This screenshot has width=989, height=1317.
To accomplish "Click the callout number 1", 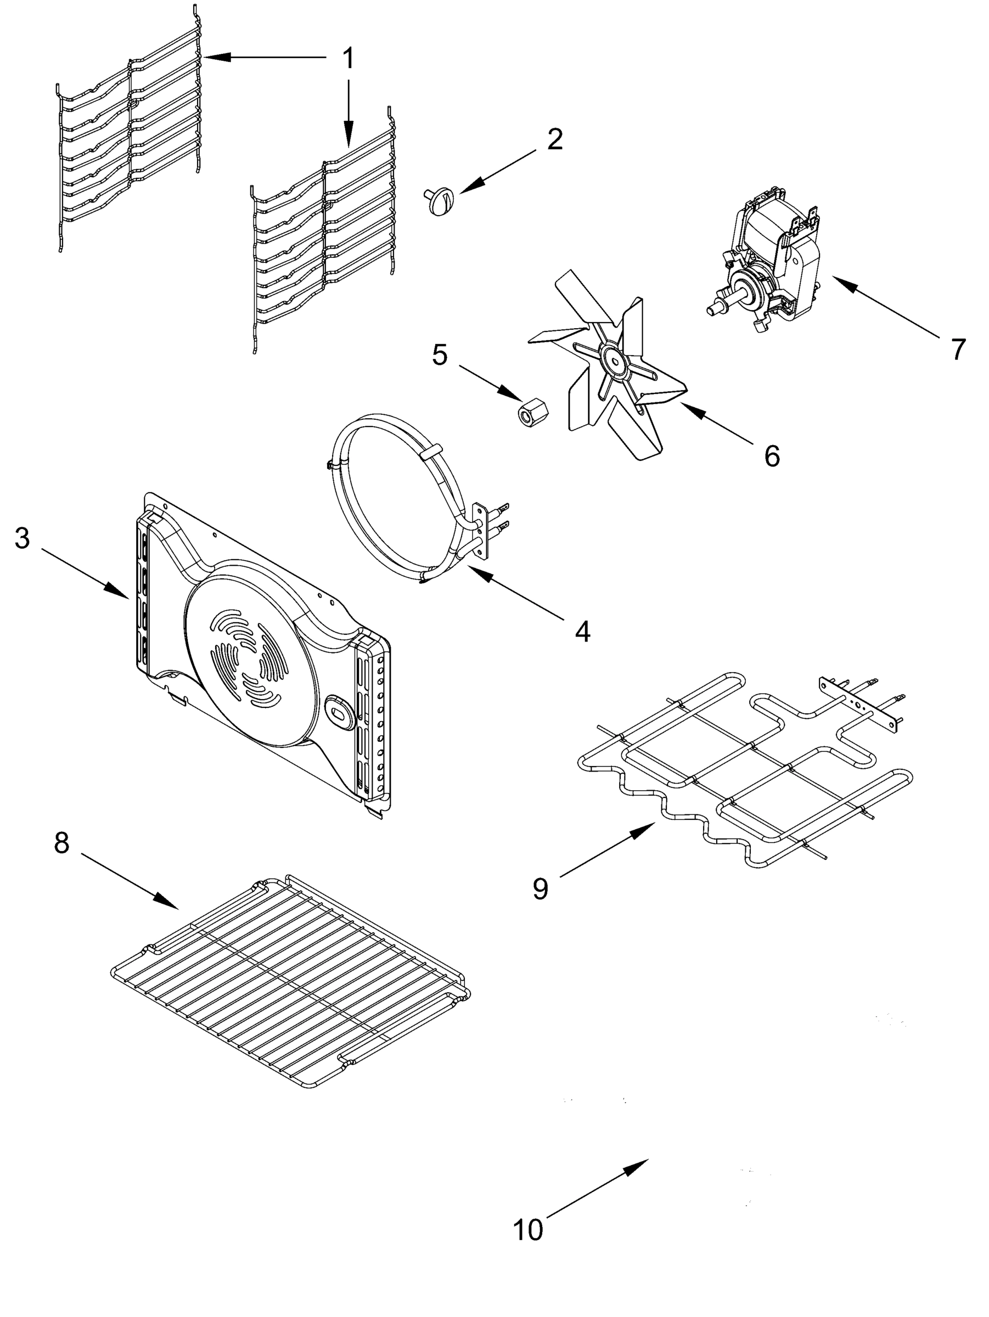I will click(x=349, y=58).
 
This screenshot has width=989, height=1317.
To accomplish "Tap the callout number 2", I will click(x=554, y=139).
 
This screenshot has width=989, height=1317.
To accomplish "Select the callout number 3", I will click(x=22, y=538).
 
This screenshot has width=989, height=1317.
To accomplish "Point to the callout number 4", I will click(x=582, y=631).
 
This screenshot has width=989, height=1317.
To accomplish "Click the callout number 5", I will click(x=440, y=355).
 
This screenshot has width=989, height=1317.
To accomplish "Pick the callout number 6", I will click(x=772, y=456).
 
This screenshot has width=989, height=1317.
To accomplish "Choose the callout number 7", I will click(x=957, y=349).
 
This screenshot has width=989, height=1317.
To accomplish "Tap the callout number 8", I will click(x=61, y=842).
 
